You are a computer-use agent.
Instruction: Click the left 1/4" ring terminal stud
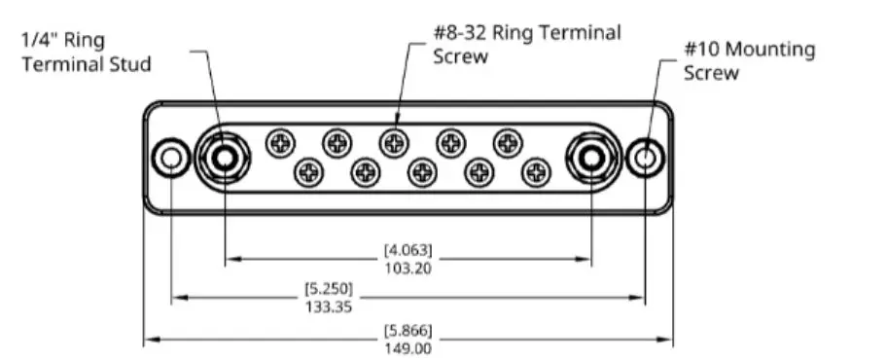click(225, 157)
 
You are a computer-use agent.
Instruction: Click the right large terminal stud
click(590, 157)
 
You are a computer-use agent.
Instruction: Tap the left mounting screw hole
click(171, 157)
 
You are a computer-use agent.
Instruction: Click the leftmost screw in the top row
click(281, 144)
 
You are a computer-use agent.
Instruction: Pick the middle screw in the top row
click(394, 144)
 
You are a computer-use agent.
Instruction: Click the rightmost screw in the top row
click(507, 144)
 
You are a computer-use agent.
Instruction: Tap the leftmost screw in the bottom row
click(309, 173)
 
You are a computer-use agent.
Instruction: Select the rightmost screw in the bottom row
click(535, 173)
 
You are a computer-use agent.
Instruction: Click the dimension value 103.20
click(408, 269)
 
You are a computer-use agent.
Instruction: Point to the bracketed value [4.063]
click(408, 251)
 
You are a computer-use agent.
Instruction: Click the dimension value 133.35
click(328, 306)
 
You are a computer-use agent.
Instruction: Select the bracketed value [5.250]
click(328, 289)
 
